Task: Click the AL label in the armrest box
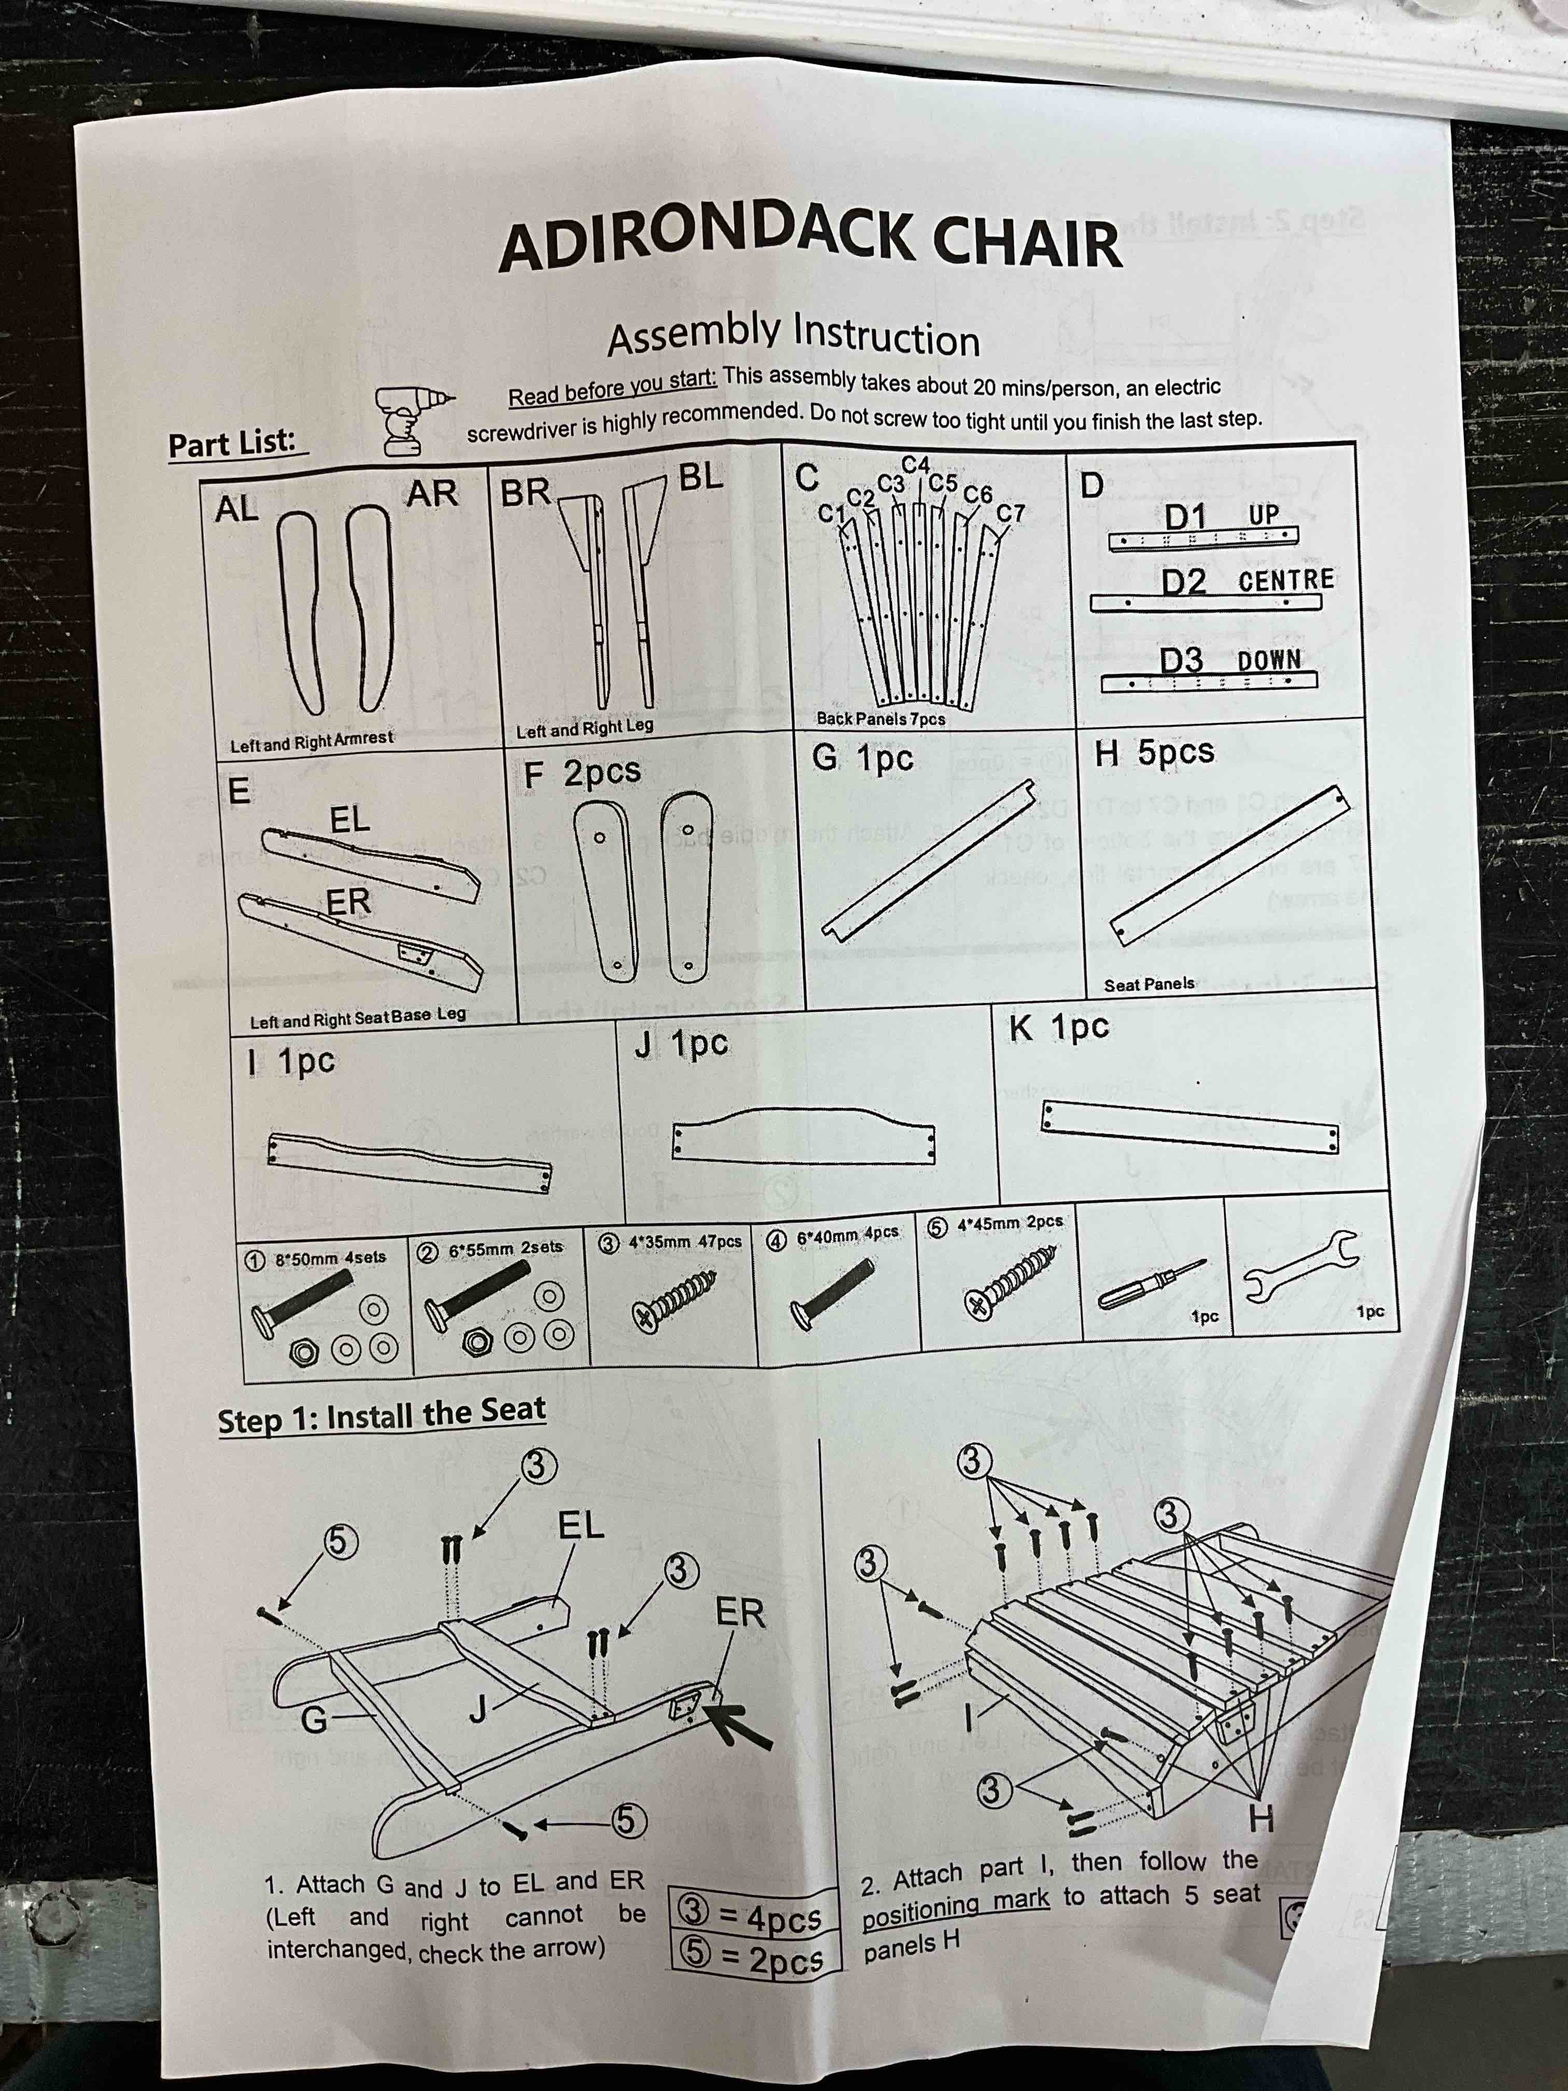point(236,509)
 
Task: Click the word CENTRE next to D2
point(1285,579)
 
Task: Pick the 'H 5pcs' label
point(1154,752)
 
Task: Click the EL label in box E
point(349,819)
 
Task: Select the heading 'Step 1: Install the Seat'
point(381,1416)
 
